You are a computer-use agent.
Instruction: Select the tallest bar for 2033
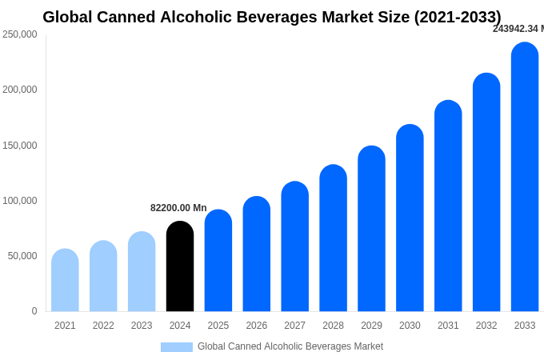click(525, 177)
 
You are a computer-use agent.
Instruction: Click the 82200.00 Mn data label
click(178, 208)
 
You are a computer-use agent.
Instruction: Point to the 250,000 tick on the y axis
click(20, 34)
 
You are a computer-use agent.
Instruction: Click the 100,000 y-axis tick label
click(20, 201)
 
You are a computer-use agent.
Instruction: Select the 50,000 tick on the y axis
click(22, 256)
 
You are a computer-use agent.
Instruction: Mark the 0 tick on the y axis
click(34, 311)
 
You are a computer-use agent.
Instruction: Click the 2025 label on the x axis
click(218, 326)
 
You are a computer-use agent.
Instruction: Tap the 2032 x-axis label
click(486, 326)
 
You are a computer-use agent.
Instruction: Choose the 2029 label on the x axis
click(371, 326)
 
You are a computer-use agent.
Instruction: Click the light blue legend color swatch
click(177, 347)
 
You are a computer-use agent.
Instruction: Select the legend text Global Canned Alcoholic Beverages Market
click(290, 346)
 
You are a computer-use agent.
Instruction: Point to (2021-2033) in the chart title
click(458, 17)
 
